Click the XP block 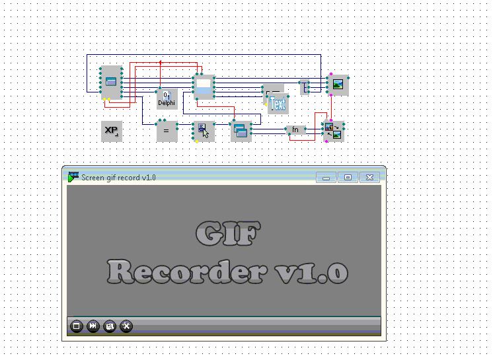[x=111, y=131]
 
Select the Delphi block [x=167, y=98]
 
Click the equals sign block [x=167, y=131]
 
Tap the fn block [x=295, y=129]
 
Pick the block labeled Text [x=278, y=104]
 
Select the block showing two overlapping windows [x=241, y=131]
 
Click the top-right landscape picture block [x=338, y=85]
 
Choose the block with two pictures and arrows [x=333, y=131]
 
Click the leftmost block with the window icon [x=110, y=82]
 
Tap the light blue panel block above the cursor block [x=204, y=86]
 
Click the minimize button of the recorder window [x=326, y=177]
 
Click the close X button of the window [x=370, y=177]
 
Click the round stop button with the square [x=76, y=326]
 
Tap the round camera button [x=110, y=326]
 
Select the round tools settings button [x=126, y=326]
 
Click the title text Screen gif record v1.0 [x=118, y=177]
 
